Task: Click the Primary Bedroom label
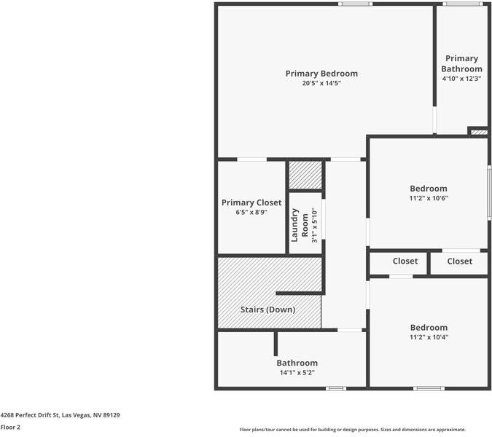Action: coord(321,74)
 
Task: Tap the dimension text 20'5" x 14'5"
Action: coord(321,84)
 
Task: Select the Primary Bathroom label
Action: coord(461,63)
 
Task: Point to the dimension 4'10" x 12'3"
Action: coord(461,79)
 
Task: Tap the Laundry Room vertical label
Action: coord(300,225)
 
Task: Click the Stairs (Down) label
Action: coord(268,310)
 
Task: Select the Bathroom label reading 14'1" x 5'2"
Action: coord(297,363)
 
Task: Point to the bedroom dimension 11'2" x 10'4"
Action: coord(428,338)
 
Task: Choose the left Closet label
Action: coord(405,261)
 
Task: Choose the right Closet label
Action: coord(459,261)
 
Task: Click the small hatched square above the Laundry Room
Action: coord(305,175)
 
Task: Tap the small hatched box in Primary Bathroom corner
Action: coord(477,132)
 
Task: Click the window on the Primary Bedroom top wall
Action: coord(355,4)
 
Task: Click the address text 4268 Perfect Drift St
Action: coord(60,415)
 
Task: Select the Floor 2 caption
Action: coord(10,428)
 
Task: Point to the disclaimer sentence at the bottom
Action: coord(352,430)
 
